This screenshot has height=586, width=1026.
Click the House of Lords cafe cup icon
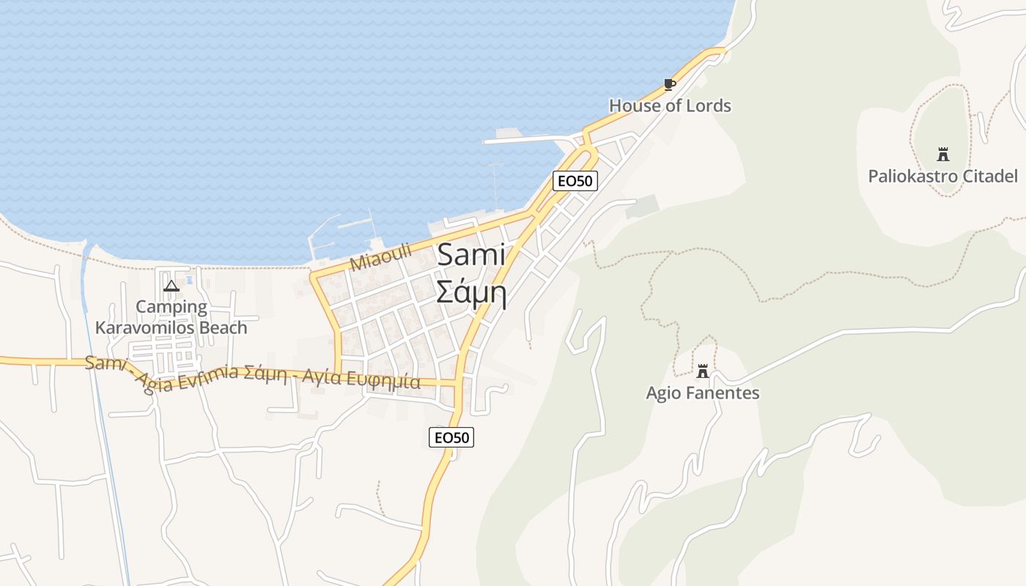tap(669, 84)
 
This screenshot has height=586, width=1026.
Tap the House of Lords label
tap(670, 105)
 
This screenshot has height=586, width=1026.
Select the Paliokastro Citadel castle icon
tap(942, 155)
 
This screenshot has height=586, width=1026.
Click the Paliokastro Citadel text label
tap(942, 176)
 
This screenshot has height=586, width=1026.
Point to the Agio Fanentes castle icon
tap(703, 371)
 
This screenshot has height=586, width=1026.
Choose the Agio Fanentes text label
tap(702, 393)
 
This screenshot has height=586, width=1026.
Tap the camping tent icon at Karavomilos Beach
tap(171, 286)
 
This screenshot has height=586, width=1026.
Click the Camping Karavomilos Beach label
tap(171, 317)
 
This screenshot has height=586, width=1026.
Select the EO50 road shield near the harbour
tap(575, 180)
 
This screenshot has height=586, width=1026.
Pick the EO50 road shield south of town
tap(451, 437)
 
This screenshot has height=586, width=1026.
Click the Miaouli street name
tap(380, 258)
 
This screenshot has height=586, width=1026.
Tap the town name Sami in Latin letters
tap(471, 255)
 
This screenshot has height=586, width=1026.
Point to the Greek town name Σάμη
tap(471, 291)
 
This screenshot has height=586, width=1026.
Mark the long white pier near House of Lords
tap(528, 138)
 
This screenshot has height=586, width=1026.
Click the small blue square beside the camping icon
tap(189, 280)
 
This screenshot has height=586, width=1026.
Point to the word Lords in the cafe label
tap(707, 105)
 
